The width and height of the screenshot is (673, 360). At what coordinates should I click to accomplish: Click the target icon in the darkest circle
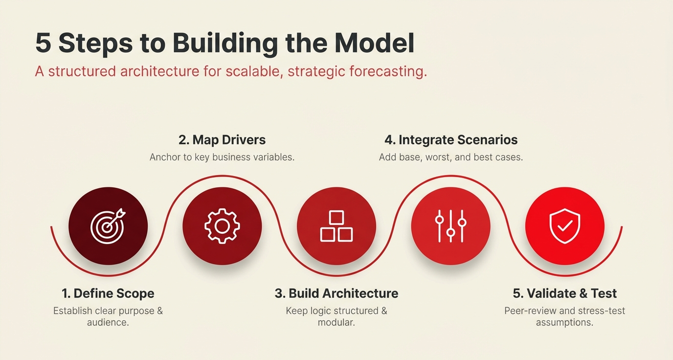click(108, 226)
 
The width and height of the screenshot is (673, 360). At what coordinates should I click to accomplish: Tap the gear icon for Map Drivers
click(222, 226)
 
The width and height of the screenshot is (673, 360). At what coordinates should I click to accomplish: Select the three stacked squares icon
click(336, 226)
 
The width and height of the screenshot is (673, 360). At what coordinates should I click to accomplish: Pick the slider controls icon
click(450, 226)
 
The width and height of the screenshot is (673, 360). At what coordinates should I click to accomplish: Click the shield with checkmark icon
click(565, 226)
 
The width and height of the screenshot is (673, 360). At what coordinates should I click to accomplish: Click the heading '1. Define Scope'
click(108, 293)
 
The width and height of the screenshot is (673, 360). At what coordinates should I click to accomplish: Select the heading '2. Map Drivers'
click(222, 140)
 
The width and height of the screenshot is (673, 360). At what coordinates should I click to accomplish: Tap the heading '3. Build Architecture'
click(336, 293)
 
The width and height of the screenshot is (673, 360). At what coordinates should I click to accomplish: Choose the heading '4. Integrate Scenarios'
click(450, 140)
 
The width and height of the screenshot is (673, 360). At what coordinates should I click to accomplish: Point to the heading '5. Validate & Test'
click(565, 293)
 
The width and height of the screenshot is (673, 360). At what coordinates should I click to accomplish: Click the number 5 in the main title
click(43, 44)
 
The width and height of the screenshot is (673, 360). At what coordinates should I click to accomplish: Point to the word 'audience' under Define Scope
click(107, 323)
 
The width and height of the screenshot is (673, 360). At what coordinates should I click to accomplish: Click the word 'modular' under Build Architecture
click(336, 323)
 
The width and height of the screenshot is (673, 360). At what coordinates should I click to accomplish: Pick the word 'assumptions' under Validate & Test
click(564, 323)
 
